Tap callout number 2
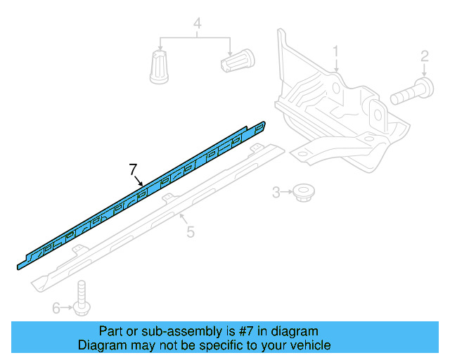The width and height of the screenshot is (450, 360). coord(425,57)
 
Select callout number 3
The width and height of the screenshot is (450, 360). coord(277,191)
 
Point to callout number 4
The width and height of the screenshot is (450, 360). coord(198,26)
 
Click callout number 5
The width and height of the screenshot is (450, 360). coord(191,231)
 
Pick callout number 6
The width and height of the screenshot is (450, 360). coord(56,307)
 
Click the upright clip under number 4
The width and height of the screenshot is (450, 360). coord(160,67)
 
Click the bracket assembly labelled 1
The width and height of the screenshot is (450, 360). coord(337,112)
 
